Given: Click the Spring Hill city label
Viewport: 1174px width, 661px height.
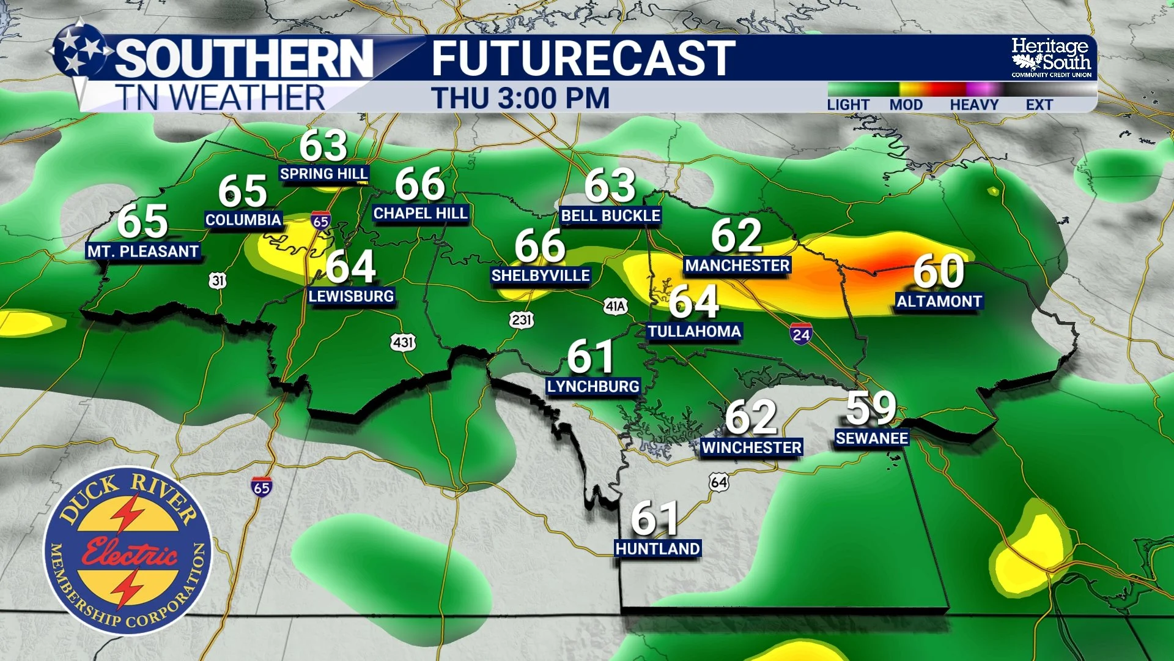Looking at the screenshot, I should click(323, 174).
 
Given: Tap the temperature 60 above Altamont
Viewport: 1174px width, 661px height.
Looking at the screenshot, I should click(939, 271).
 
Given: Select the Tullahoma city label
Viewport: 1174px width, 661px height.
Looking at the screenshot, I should click(695, 331).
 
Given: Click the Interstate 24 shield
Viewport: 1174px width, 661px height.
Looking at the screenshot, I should click(801, 334).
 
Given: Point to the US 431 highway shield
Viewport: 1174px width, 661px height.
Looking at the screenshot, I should click(403, 342).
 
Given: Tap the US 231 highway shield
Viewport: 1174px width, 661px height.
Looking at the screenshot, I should click(521, 319).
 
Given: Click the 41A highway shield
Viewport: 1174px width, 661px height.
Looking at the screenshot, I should click(615, 306).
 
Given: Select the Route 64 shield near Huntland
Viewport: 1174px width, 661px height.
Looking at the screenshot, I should click(719, 482).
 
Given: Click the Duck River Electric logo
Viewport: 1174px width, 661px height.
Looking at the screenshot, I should click(128, 550).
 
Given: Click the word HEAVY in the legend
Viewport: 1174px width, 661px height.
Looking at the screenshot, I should click(973, 105).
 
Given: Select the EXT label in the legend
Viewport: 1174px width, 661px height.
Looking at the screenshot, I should click(1039, 105).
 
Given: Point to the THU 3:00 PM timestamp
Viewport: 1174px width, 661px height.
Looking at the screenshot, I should click(520, 98).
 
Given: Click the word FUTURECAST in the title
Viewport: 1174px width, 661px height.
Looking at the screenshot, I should click(583, 59).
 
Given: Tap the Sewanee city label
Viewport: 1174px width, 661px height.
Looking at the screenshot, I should click(872, 438).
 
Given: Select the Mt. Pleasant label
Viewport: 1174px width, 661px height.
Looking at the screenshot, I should click(143, 252).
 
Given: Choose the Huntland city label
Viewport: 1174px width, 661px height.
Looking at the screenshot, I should click(657, 548).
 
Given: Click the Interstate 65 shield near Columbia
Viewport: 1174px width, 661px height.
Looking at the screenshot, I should click(320, 221).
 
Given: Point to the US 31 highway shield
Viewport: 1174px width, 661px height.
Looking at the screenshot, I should click(218, 280).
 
